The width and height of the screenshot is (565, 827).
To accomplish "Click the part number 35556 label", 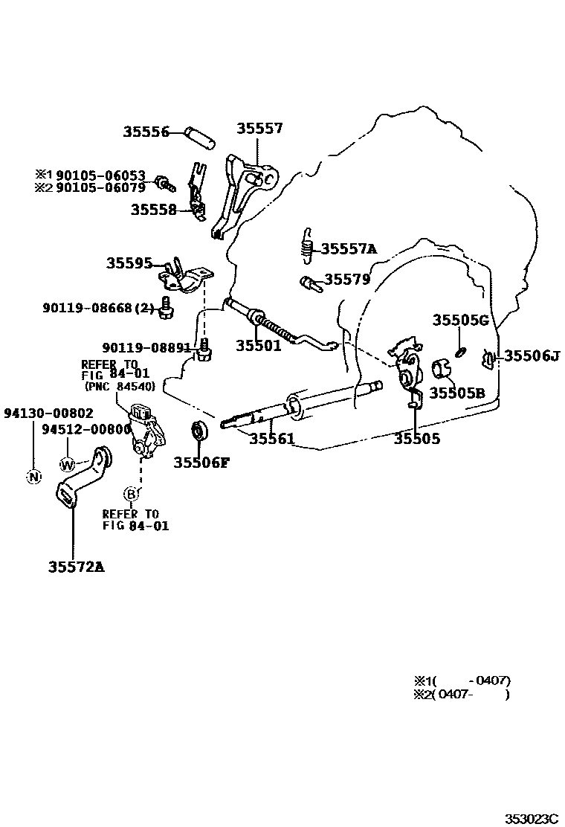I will pyautogui.click(x=146, y=132).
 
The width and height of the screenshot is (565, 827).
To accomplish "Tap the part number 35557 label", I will pyautogui.click(x=259, y=129).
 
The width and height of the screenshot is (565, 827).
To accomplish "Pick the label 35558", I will pyautogui.click(x=154, y=210).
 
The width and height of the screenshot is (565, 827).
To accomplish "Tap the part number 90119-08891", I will pyautogui.click(x=148, y=347).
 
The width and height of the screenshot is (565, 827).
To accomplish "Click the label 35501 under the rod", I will pyautogui.click(x=259, y=346).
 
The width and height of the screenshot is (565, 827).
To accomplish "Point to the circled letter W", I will pyautogui.click(x=68, y=465).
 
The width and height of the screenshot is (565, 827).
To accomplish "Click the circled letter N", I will pyautogui.click(x=33, y=477).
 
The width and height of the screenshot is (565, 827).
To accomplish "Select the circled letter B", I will pyautogui.click(x=131, y=493).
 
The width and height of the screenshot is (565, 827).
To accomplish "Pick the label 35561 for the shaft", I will pyautogui.click(x=271, y=439).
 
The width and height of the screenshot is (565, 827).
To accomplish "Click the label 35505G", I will pyautogui.click(x=460, y=320).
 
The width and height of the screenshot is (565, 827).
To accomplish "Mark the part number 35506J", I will pyautogui.click(x=532, y=355).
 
